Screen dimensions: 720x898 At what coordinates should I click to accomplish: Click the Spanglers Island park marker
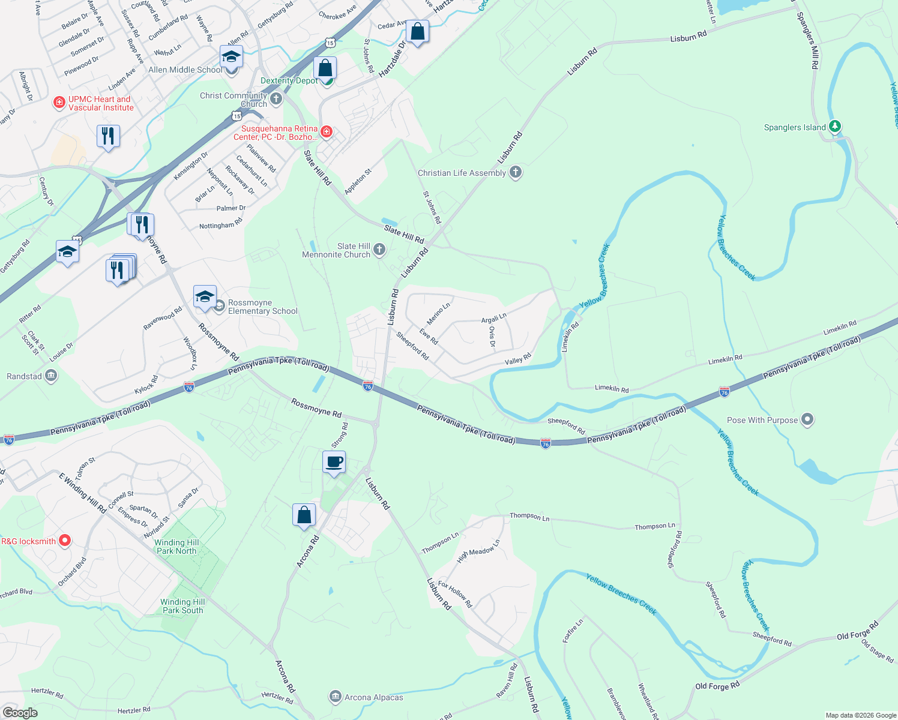click(x=834, y=127)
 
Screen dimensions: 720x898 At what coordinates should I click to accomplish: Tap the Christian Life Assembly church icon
click(x=515, y=173)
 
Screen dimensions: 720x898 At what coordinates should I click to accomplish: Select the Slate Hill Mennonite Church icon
click(x=379, y=250)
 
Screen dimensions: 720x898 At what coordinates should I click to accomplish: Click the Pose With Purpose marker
click(x=807, y=419)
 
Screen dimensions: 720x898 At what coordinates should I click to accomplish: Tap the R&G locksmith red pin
click(x=64, y=541)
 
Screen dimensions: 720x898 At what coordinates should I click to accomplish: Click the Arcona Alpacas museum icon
click(x=335, y=697)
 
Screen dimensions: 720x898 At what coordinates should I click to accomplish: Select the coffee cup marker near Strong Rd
click(x=334, y=462)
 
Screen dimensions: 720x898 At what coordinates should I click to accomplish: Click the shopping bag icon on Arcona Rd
click(x=304, y=515)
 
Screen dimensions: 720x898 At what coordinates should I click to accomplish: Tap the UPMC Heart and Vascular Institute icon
click(x=59, y=103)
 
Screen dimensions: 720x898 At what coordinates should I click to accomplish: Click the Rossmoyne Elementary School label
click(x=262, y=307)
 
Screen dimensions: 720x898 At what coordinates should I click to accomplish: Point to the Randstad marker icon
click(x=51, y=376)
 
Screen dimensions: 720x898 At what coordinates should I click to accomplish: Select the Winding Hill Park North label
click(x=176, y=547)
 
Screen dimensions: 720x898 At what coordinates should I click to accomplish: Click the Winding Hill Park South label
click(x=182, y=606)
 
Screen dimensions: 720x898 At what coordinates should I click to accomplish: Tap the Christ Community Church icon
click(x=276, y=98)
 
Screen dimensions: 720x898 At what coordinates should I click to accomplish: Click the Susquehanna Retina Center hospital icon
click(x=326, y=131)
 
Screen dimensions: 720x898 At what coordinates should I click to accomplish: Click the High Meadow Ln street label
click(x=478, y=551)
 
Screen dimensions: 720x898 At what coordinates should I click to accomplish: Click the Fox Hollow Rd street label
click(x=455, y=594)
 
